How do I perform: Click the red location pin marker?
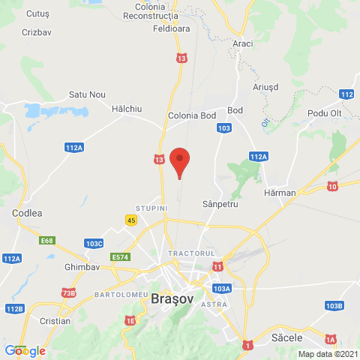[x=179, y=161]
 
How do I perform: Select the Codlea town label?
[x=27, y=213]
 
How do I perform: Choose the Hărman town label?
[x=281, y=193]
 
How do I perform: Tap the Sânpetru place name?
[x=220, y=204]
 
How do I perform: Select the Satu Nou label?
[x=87, y=94]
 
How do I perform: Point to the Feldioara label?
[x=172, y=28]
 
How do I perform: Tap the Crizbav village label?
[x=37, y=33]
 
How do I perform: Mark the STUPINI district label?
[x=150, y=206]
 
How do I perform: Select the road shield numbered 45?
[x=131, y=219]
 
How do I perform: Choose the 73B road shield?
[x=69, y=292]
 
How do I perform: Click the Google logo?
[x=25, y=350]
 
